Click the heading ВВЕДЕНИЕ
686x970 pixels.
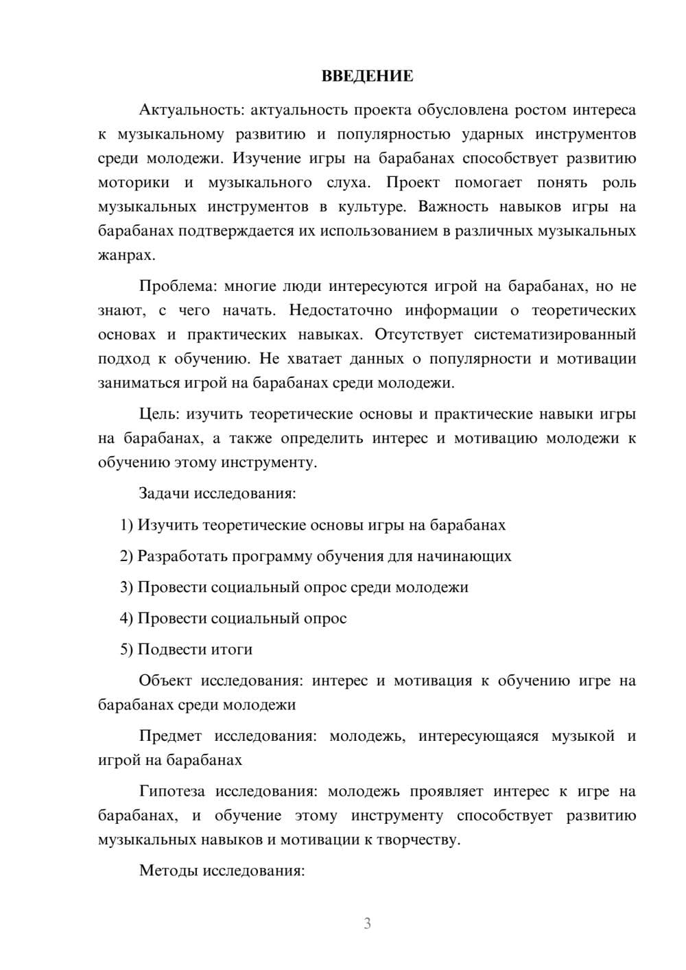tap(367, 76)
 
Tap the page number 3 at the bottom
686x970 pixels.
tap(367, 923)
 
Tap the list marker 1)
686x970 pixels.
tap(126, 525)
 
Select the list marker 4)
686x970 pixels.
tap(126, 618)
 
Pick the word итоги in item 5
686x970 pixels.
tap(233, 649)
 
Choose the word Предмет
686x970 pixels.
tap(170, 736)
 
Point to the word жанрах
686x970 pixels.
tap(126, 255)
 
